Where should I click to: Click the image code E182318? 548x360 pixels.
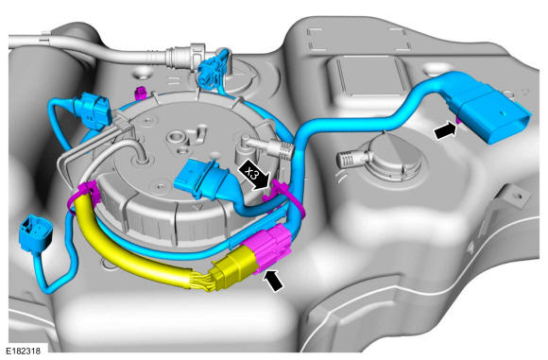pyautogui.click(x=23, y=351)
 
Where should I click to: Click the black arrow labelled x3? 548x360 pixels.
pyautogui.click(x=254, y=175)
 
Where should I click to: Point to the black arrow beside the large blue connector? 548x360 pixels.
pyautogui.click(x=445, y=131)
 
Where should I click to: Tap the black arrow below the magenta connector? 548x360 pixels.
pyautogui.click(x=274, y=281)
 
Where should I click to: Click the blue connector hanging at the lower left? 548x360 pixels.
pyautogui.click(x=36, y=231)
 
